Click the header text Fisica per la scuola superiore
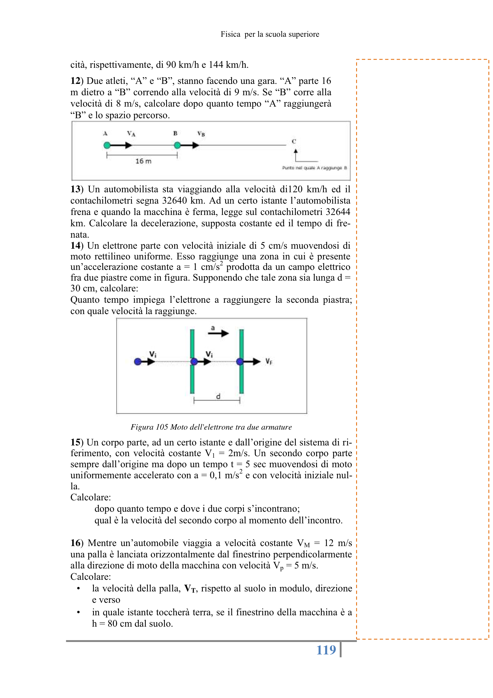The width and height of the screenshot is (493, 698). (x=270, y=34)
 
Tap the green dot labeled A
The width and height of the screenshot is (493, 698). (x=107, y=145)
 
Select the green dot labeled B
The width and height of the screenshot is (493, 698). (x=177, y=145)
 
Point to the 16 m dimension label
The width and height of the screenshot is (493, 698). (x=143, y=161)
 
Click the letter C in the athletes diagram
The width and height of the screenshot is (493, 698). (x=294, y=142)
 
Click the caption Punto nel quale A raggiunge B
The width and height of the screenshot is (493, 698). (x=314, y=168)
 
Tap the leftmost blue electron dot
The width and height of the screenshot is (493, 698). (x=137, y=362)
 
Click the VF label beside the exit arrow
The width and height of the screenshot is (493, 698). (x=269, y=362)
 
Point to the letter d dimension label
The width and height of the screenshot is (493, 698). (x=218, y=396)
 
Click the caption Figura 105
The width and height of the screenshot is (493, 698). (x=211, y=427)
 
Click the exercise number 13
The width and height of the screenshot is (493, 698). (x=76, y=189)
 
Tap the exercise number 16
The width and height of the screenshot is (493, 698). (x=76, y=543)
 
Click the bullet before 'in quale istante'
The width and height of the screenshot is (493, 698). (x=78, y=612)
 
